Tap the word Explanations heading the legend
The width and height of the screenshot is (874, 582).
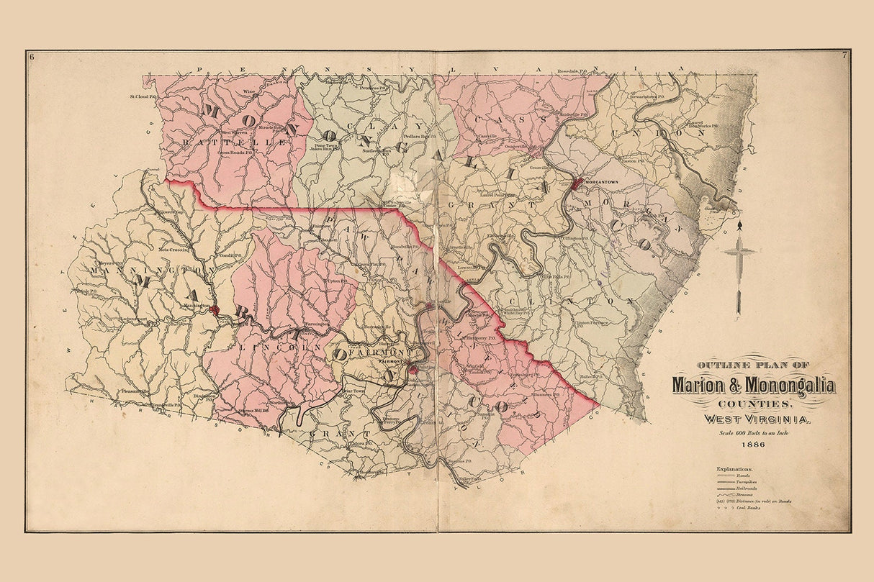tap(734, 469)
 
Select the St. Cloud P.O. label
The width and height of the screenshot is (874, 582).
tap(143, 96)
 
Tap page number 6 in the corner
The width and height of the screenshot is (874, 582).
tap(30, 55)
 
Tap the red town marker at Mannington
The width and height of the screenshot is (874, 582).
tap(215, 309)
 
